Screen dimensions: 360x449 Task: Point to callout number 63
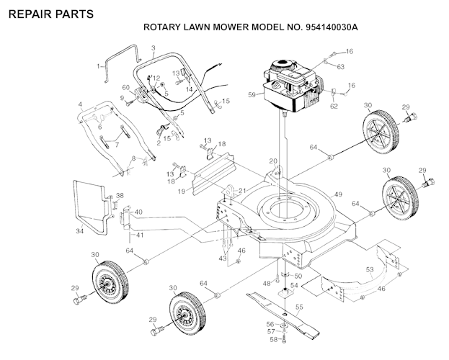click(x=341, y=66)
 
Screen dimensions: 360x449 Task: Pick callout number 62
click(x=334, y=107)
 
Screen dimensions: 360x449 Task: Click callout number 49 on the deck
click(x=338, y=194)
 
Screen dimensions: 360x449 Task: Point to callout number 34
click(x=80, y=231)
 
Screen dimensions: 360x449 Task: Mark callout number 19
click(x=182, y=191)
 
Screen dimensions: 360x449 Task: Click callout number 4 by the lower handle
click(x=80, y=104)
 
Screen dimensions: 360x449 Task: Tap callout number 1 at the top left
click(x=98, y=66)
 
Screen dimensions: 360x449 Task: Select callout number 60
click(x=125, y=88)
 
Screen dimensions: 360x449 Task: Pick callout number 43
click(x=223, y=257)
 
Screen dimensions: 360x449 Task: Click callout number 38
click(x=120, y=195)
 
